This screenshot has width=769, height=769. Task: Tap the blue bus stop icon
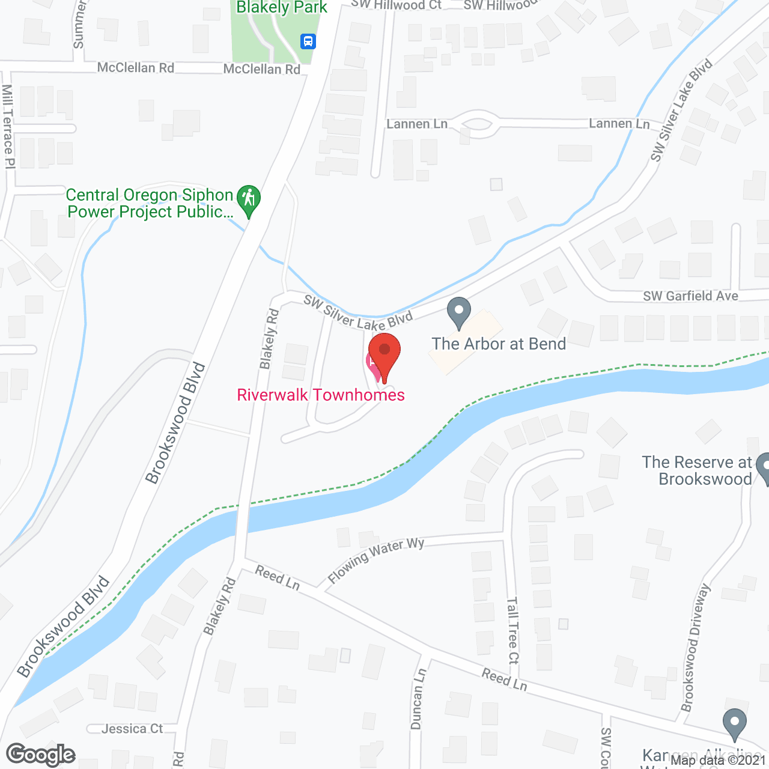308,41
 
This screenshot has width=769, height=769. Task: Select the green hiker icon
248,199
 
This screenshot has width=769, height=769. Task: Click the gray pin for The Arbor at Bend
459,312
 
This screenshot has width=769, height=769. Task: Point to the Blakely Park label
282,8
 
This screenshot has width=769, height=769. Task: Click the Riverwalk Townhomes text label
321,395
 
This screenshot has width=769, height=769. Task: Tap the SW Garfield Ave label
690,296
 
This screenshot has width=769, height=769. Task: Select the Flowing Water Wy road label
376,560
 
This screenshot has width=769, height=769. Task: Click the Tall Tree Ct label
512,630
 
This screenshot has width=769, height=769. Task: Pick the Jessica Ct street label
132,729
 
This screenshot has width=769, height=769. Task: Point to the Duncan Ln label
418,699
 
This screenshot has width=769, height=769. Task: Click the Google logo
41,755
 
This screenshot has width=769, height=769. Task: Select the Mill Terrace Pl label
8,126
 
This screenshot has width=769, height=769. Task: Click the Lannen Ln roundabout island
478,124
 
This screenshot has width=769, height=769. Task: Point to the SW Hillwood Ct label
397,5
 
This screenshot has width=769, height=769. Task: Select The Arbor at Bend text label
499,344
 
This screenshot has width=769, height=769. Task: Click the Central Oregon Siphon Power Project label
150,203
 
